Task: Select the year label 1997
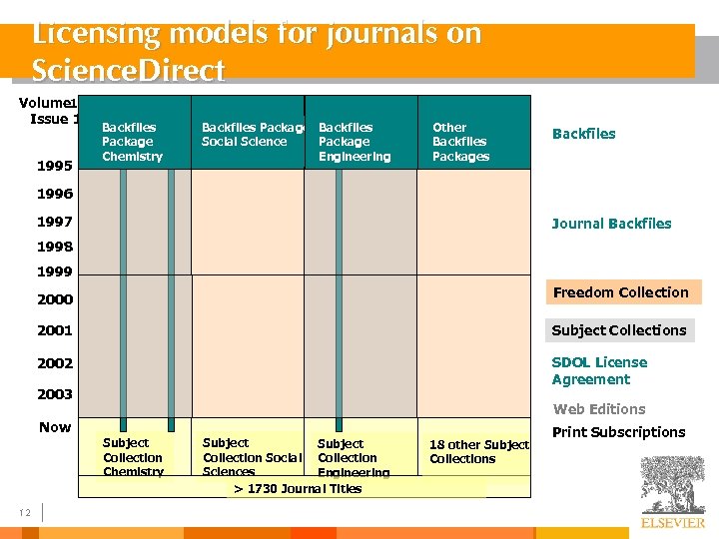click(x=55, y=222)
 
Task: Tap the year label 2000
click(x=55, y=299)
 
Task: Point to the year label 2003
click(x=55, y=394)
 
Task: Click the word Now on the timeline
click(x=55, y=427)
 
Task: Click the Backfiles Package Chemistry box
click(x=133, y=142)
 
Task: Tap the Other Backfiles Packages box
click(x=461, y=142)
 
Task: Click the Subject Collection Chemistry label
click(x=133, y=457)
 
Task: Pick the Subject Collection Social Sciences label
click(x=252, y=457)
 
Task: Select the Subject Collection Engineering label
click(x=354, y=458)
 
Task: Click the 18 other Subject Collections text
click(x=478, y=451)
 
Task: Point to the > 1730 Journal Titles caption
click(x=284, y=488)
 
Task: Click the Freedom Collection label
click(x=620, y=292)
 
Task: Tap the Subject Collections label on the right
click(x=619, y=330)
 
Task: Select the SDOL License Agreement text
click(x=599, y=370)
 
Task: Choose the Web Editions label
click(x=599, y=409)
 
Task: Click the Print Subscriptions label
click(x=619, y=432)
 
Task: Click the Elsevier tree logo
click(x=672, y=486)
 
